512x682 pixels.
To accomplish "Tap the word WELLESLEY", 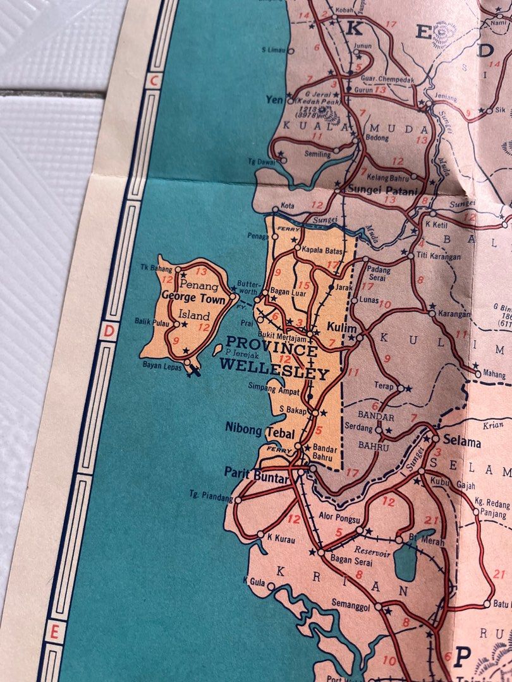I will pos(274,373).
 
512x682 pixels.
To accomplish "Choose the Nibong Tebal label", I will pos(255,428).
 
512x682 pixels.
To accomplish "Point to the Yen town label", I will pos(276,99).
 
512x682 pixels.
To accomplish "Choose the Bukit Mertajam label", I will pos(286,329).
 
